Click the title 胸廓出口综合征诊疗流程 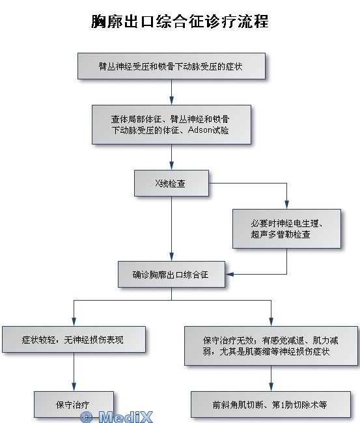click(180, 21)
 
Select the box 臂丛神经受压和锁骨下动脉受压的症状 click(171, 66)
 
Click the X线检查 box click(171, 183)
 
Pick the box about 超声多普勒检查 click(286, 228)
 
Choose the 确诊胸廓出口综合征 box click(171, 275)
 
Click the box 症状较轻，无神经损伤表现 click(74, 339)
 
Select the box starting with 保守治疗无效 click(271, 346)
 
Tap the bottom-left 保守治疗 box click(74, 404)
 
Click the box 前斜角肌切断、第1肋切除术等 click(271, 404)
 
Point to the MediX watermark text click(126, 416)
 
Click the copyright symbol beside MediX click(87, 417)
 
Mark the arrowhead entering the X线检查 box click(171, 166)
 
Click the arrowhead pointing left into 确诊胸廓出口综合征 click(229, 275)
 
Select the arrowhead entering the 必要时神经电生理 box click(286, 205)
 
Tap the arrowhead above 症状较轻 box click(74, 322)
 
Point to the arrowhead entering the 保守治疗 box click(74, 387)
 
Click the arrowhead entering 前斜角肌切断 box click(271, 387)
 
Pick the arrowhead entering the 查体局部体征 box click(171, 101)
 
